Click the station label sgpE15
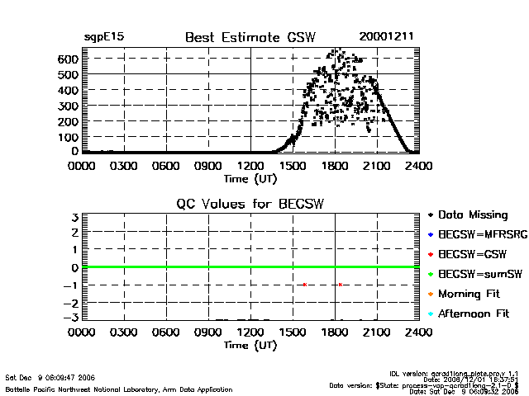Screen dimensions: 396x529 click(x=104, y=37)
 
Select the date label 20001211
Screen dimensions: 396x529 click(x=386, y=36)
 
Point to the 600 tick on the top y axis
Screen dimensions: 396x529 click(x=68, y=59)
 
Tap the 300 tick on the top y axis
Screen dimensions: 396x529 click(x=68, y=106)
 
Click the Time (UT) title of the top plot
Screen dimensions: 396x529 click(x=250, y=177)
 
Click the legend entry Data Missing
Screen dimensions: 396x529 click(x=474, y=214)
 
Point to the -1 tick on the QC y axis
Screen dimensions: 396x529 click(x=71, y=285)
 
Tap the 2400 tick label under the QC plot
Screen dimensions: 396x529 click(x=419, y=332)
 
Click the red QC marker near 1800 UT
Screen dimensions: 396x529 click(x=340, y=285)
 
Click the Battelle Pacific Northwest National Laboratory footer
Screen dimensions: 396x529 click(x=119, y=389)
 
